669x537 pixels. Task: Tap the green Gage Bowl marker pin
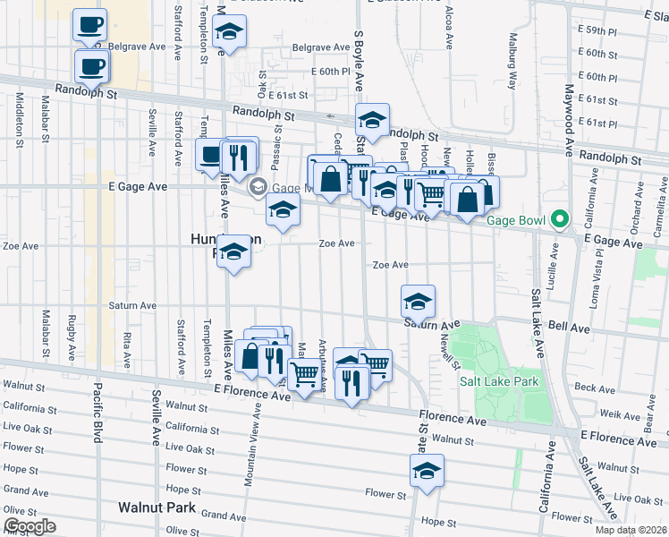pos(561,218)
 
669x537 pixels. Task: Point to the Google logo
pos(30,526)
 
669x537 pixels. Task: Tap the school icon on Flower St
pos(428,473)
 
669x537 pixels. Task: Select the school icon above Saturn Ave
pos(418,302)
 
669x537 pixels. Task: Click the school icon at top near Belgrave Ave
pos(230,35)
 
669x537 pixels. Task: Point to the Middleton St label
pos(20,118)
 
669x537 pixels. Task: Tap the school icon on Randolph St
pos(373,119)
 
